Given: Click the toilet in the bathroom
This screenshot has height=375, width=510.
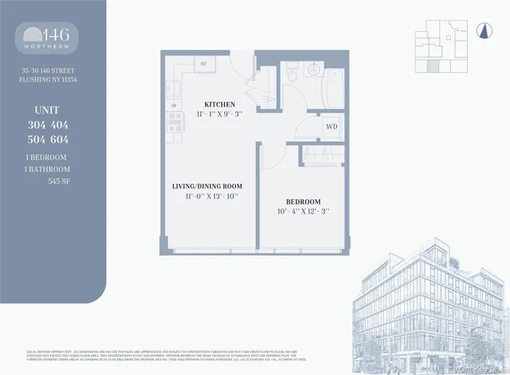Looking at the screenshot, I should click(x=292, y=72).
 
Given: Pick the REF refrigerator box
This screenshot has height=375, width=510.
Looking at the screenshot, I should click(x=203, y=63).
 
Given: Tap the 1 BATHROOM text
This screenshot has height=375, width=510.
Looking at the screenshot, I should click(x=47, y=169).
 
